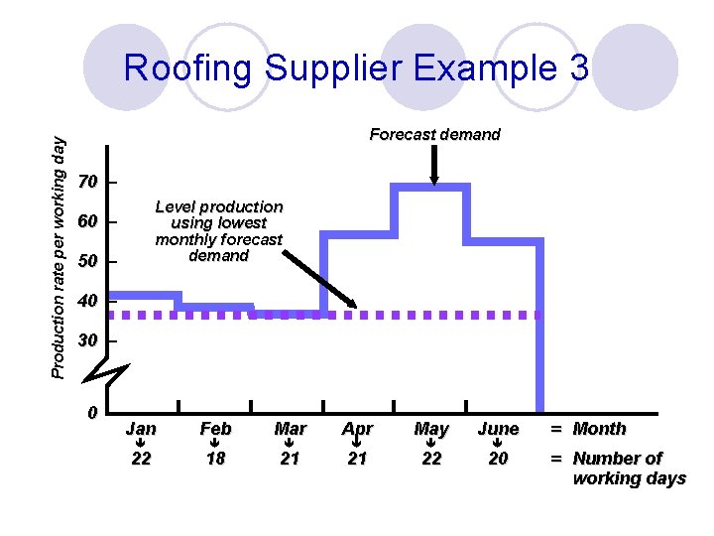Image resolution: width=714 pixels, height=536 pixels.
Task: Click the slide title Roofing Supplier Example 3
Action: coord(356,67)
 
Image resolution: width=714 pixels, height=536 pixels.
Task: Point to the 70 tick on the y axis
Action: coord(88,183)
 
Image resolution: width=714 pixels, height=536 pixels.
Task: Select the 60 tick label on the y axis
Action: coord(88,221)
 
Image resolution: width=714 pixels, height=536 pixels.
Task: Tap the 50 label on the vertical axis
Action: coord(88,261)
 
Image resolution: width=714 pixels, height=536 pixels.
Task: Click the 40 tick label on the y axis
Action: coord(88,301)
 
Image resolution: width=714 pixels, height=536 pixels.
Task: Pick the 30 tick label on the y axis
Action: coord(88,340)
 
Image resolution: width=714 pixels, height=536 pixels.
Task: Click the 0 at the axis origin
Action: coord(91,413)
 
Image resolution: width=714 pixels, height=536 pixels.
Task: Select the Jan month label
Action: coord(141,429)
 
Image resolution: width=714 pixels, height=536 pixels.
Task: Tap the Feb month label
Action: coord(215,429)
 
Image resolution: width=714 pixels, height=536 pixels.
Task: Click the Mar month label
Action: coord(290,429)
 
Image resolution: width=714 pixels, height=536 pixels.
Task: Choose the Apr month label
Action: coord(357,429)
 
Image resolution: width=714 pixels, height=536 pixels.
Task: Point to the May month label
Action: coord(431,429)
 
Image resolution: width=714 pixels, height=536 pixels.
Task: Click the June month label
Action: coord(498,429)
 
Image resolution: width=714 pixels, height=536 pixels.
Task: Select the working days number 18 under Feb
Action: coord(215,459)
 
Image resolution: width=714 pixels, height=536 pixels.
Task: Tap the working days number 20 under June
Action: coord(498,459)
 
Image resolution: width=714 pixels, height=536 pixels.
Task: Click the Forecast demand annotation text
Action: coord(434,134)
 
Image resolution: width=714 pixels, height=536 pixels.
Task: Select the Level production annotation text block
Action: coord(219,231)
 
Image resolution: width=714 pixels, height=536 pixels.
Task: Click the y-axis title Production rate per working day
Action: coord(59,255)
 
